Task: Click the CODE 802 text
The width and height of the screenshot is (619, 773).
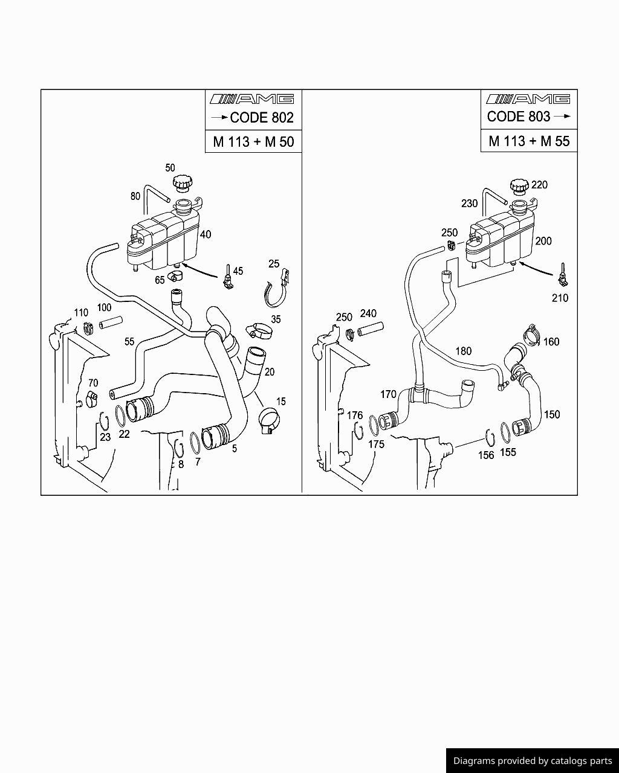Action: coord(261,117)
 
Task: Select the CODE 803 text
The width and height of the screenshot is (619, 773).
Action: coord(519,117)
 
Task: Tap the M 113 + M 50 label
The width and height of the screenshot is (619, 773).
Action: coord(253,142)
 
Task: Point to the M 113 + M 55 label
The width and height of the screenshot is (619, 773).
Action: coord(529,141)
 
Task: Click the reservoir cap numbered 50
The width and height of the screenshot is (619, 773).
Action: coord(181,182)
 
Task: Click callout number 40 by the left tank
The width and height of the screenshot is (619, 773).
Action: coord(206,234)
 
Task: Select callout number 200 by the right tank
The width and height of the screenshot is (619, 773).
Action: coord(543,241)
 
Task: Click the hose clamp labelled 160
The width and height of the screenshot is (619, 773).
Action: coord(533,332)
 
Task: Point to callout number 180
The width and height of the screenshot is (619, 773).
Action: coord(463,351)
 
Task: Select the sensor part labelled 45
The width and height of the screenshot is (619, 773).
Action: coord(227,275)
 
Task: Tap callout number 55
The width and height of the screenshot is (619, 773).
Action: coord(129,342)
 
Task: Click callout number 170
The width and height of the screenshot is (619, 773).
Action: coord(388,394)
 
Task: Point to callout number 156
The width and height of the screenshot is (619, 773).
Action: coord(486,455)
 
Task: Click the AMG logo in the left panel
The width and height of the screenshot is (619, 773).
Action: coord(251,99)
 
